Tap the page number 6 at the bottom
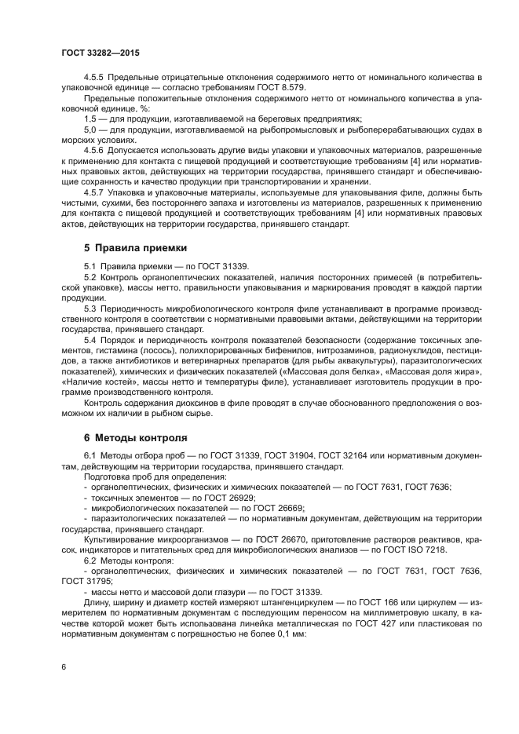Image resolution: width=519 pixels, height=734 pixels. click(x=64, y=666)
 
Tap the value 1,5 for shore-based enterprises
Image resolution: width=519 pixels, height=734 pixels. click(x=90, y=118)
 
